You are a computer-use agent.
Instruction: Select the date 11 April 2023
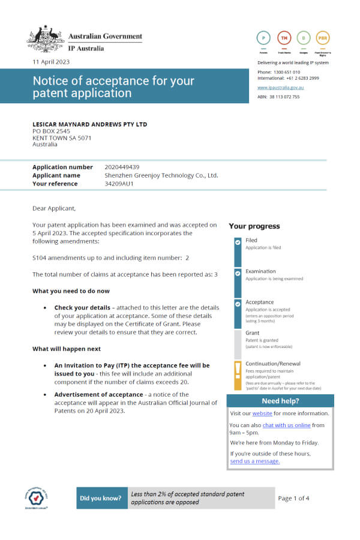(x=52, y=62)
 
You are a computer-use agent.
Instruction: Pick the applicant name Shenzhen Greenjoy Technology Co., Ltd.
(x=161, y=175)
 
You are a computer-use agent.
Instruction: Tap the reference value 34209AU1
(x=119, y=184)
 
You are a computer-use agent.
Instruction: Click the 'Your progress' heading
(x=254, y=226)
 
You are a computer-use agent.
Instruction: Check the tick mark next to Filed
(x=238, y=242)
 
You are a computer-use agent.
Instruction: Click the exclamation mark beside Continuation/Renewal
(x=238, y=368)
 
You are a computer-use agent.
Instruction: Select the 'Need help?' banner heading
(x=280, y=401)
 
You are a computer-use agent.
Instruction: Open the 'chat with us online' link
(x=286, y=425)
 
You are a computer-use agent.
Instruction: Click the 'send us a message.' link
(x=254, y=461)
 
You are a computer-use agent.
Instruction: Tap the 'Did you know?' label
(x=101, y=498)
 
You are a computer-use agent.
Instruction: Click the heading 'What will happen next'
(x=66, y=349)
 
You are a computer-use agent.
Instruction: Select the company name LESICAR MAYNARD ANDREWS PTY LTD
(x=89, y=124)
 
